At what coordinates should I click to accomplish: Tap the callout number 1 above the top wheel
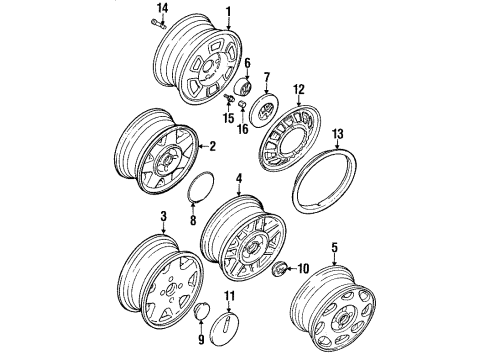click(x=229, y=12)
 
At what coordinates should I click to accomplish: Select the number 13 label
click(x=337, y=134)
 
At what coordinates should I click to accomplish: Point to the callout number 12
click(x=299, y=89)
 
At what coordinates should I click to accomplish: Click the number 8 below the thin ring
click(x=193, y=220)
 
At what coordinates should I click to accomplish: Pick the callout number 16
click(x=243, y=129)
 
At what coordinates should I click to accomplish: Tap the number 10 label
click(x=303, y=269)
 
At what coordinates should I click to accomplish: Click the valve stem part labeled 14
click(x=158, y=24)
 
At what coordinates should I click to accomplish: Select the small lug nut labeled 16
click(x=243, y=105)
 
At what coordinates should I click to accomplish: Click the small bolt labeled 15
click(x=228, y=97)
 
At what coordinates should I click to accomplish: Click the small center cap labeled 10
click(x=278, y=267)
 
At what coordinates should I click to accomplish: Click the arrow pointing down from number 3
click(x=163, y=228)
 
